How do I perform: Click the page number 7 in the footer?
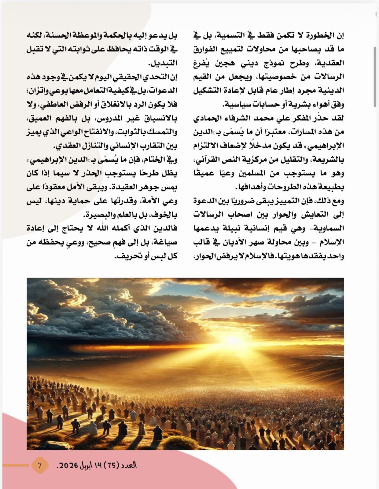(39, 465)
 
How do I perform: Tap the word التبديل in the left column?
(163, 63)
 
